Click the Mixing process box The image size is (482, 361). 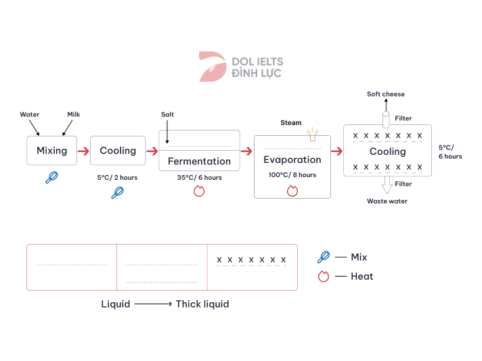pyautogui.click(x=51, y=150)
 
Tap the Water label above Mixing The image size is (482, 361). pyautogui.click(x=30, y=115)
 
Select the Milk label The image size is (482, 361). pyautogui.click(x=73, y=115)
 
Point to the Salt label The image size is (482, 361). pyautogui.click(x=168, y=115)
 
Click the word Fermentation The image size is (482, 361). pyautogui.click(x=199, y=162)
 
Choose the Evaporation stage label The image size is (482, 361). pyautogui.click(x=292, y=160)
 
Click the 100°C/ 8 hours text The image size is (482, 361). pyautogui.click(x=292, y=175)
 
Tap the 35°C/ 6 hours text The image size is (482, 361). pyautogui.click(x=198, y=178)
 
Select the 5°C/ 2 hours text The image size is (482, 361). pyautogui.click(x=118, y=178)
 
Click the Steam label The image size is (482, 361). pyautogui.click(x=291, y=123)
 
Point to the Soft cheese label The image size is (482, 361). pyautogui.click(x=386, y=94)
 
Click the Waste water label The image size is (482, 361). pyautogui.click(x=387, y=201)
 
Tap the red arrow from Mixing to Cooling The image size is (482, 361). pyautogui.click(x=83, y=151)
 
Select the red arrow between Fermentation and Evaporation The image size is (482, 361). pyautogui.click(x=246, y=151)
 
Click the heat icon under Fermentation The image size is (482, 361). pyautogui.click(x=199, y=192)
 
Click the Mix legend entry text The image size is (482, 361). pyautogui.click(x=359, y=257)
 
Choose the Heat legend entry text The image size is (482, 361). pyautogui.click(x=361, y=276)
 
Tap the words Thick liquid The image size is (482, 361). pyautogui.click(x=202, y=304)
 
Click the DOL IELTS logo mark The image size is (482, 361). pyautogui.click(x=212, y=66)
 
